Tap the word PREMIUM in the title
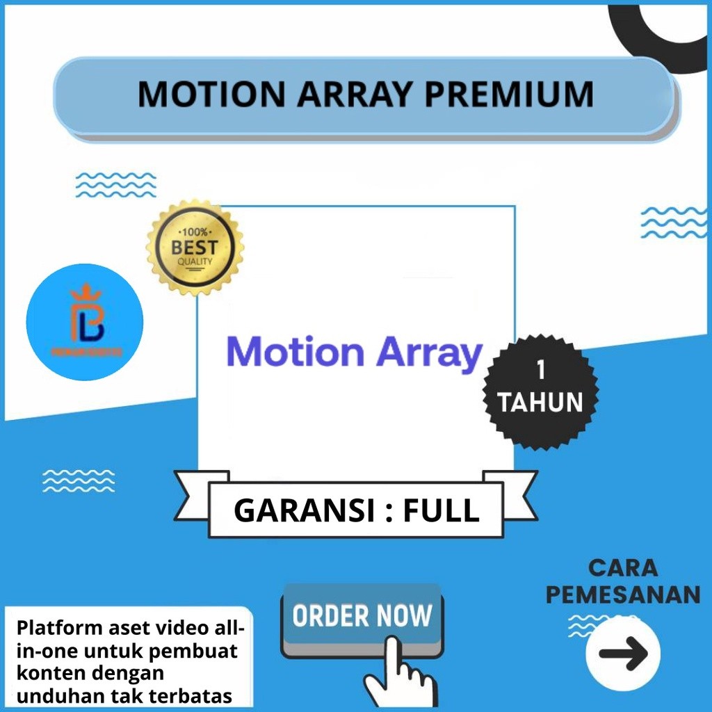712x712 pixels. [x=509, y=95]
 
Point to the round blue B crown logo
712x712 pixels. [x=85, y=322]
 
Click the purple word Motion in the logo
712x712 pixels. [x=296, y=353]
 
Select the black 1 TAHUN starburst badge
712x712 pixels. [x=540, y=392]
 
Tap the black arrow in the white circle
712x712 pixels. [x=623, y=654]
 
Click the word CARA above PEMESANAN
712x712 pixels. [x=623, y=567]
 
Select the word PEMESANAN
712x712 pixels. [x=623, y=595]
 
